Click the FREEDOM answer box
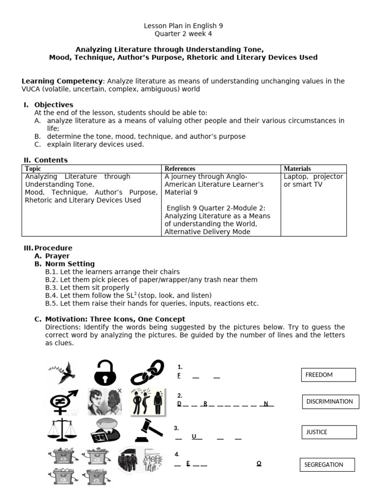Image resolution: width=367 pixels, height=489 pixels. point(328,375)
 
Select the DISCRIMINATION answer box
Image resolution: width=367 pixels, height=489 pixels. point(329,402)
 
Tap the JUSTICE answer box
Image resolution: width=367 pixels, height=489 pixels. point(329,432)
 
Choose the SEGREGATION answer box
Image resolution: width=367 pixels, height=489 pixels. point(327,465)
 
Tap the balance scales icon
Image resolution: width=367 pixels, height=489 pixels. point(63,430)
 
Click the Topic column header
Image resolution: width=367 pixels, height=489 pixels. point(33,169)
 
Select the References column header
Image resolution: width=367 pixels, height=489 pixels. point(180,169)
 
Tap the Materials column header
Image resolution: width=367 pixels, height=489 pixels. point(297,169)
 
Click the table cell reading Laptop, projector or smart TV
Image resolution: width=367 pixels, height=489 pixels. point(313,181)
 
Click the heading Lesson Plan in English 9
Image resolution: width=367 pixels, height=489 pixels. point(183,26)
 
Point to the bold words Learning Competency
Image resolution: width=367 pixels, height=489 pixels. point(62,81)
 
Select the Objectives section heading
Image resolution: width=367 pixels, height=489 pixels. point(54,105)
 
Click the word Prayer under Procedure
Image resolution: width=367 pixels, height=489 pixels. point(57,256)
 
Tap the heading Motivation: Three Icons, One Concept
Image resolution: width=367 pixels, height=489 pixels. point(115,319)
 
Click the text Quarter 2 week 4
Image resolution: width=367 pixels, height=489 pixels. point(183,34)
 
